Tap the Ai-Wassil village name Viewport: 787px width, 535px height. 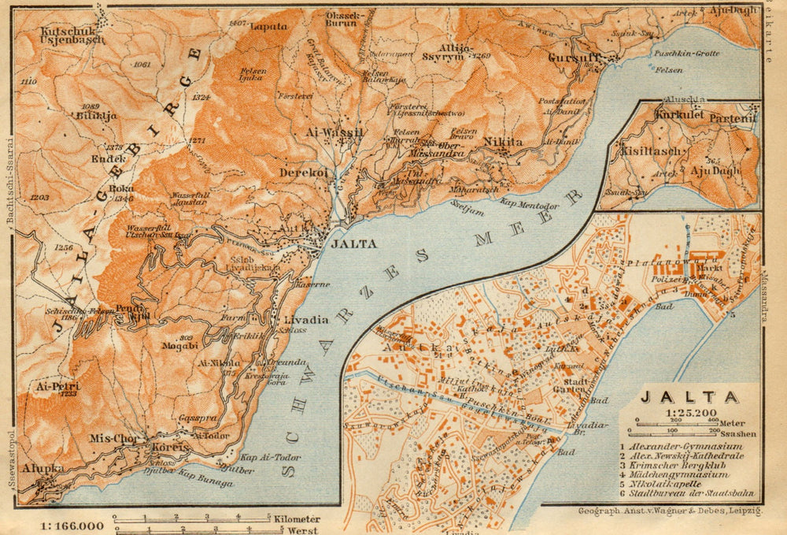point(334,133)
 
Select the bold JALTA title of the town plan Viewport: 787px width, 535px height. point(689,397)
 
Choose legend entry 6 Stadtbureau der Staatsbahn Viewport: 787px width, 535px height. point(687,494)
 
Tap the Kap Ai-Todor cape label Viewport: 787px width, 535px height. point(261,458)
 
